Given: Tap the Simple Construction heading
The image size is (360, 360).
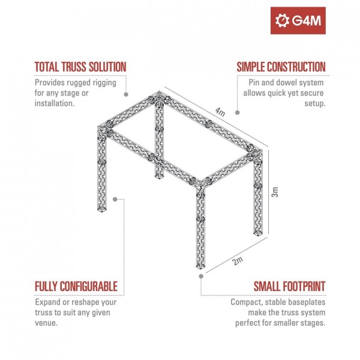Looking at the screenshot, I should [281, 66].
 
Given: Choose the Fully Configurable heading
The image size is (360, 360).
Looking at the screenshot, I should [76, 286].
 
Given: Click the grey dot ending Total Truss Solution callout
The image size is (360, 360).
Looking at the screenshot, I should [126, 94].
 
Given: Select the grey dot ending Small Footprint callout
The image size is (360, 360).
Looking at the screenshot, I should [200, 277].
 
